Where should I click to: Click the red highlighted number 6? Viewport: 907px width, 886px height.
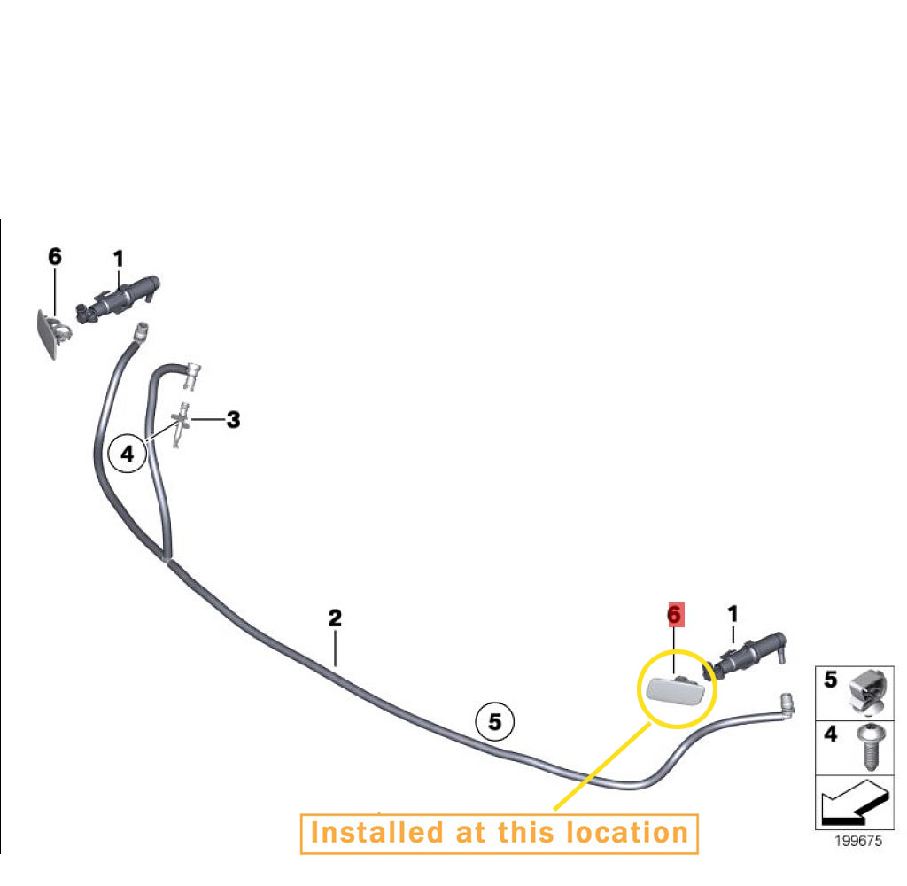674,615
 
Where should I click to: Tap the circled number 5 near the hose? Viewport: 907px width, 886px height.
494,722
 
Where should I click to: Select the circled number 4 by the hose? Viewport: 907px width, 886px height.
128,453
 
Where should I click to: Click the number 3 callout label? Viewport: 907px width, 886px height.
233,420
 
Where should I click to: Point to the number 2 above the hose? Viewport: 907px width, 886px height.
335,618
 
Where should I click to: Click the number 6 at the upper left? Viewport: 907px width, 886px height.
55,256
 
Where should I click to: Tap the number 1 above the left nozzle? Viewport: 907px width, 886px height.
119,259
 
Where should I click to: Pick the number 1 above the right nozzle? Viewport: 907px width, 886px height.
733,614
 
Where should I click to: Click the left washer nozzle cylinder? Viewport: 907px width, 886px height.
118,298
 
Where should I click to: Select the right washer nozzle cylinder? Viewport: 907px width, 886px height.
744,657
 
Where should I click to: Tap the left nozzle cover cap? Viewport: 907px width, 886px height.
52,335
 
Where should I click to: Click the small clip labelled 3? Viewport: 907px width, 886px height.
182,424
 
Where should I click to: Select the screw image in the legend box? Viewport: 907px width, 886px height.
870,747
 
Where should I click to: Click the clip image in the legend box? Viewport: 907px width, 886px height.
868,692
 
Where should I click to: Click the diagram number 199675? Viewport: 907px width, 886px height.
858,841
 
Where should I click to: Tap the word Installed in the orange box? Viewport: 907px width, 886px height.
376,833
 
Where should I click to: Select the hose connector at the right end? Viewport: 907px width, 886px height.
787,703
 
